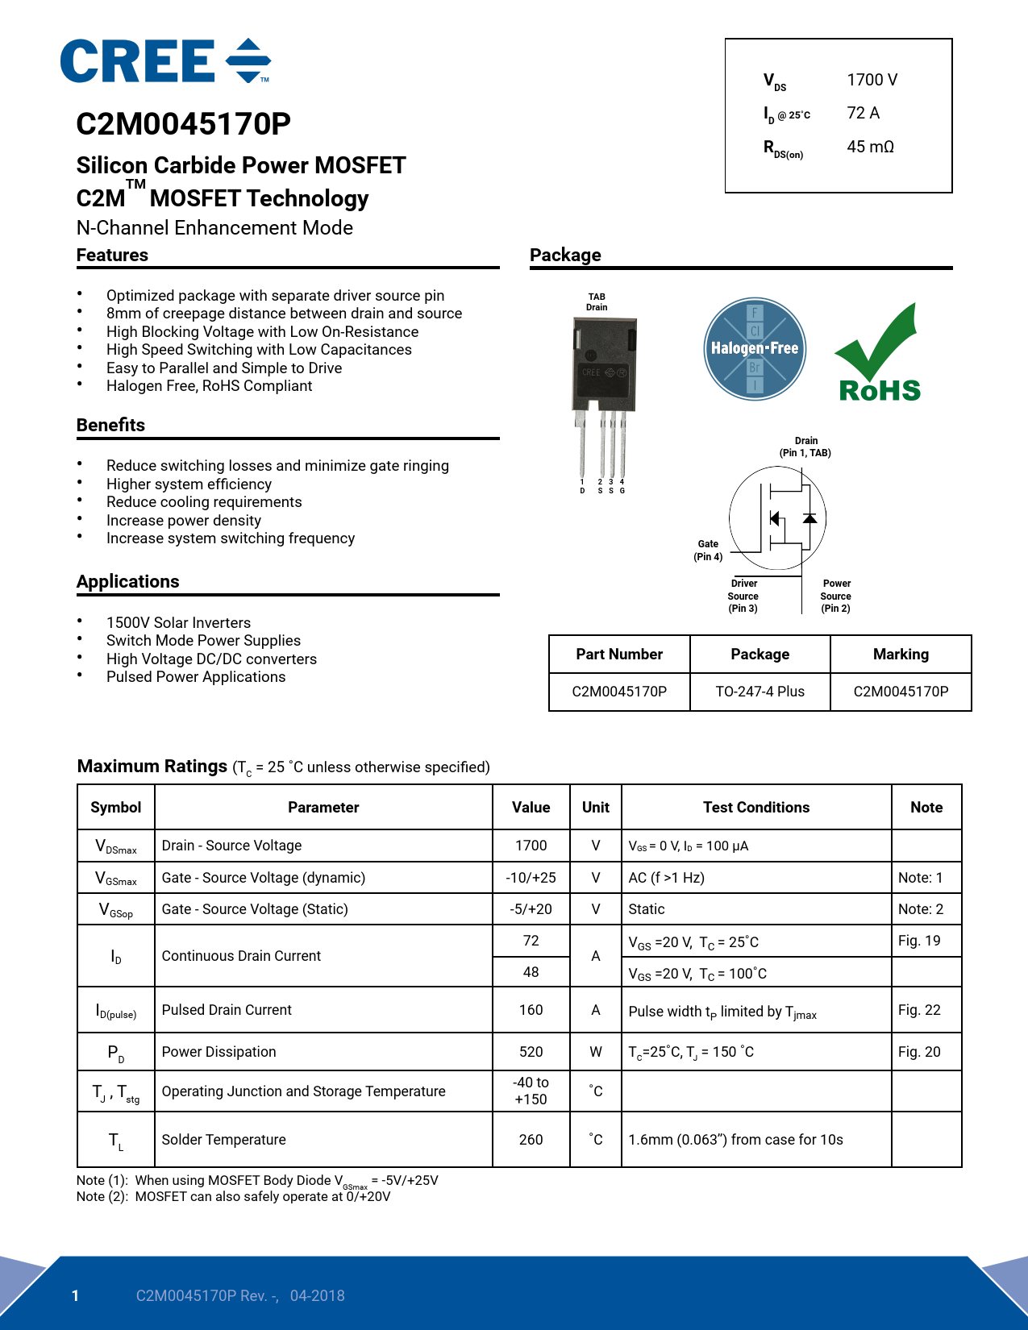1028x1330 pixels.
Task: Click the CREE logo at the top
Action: (x=164, y=61)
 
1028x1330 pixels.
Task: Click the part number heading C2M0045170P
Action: (x=183, y=124)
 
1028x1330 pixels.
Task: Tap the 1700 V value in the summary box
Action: (x=872, y=80)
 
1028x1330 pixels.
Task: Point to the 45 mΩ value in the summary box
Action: (x=870, y=147)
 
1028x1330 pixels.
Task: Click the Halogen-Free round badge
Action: (x=754, y=349)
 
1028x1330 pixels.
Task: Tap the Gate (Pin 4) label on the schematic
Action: (x=708, y=551)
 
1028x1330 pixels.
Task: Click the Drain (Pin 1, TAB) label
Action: (x=805, y=447)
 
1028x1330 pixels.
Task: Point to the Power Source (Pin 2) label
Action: (x=836, y=596)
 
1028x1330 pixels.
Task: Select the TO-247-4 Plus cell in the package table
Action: (x=760, y=692)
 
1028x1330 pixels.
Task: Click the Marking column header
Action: (x=901, y=655)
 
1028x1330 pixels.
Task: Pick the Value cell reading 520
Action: (x=531, y=1052)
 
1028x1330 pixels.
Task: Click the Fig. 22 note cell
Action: (x=919, y=1010)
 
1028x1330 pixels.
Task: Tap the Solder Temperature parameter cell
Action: (x=224, y=1140)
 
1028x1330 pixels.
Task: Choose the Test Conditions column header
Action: (x=755, y=808)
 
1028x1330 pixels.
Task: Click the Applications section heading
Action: (x=128, y=582)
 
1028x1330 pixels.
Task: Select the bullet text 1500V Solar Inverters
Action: (x=178, y=623)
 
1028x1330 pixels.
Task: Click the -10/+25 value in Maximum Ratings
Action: (x=531, y=878)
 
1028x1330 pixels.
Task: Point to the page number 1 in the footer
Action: (x=76, y=1296)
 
